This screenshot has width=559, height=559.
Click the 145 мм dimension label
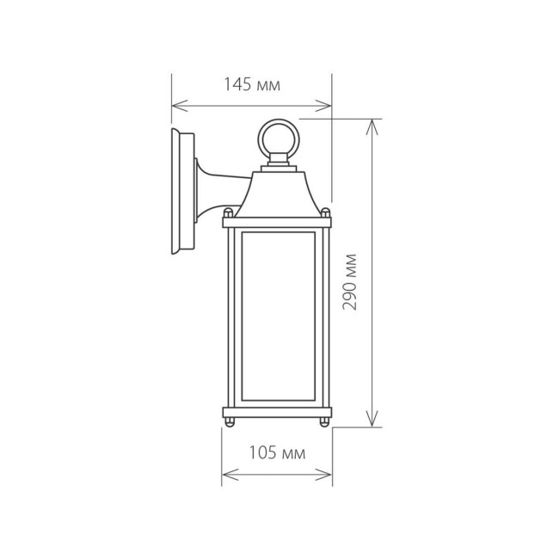pos(252,84)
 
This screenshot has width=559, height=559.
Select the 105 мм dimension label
pos(276,453)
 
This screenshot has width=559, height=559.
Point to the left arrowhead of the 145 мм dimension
pos(175,107)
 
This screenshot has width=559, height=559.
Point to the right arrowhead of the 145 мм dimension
pos(328,107)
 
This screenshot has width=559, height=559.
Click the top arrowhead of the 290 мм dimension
pos(372,122)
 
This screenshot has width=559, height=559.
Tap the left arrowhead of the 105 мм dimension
pos(226,473)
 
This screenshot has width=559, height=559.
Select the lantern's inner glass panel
pos(277,316)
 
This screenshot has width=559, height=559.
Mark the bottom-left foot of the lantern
pos(230,421)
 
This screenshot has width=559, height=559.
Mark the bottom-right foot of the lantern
pos(324,421)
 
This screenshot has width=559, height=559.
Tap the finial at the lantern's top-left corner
pos(229,212)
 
